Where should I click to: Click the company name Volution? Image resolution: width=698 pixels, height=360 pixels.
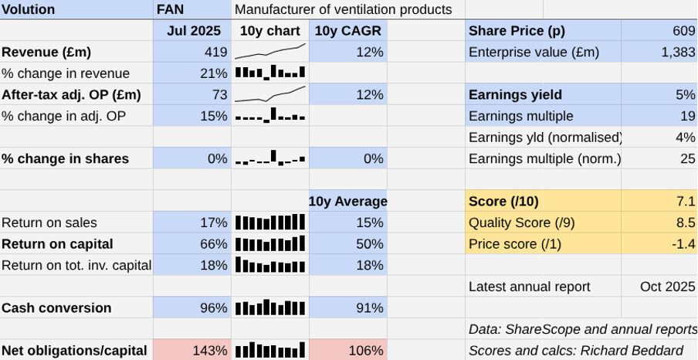29,9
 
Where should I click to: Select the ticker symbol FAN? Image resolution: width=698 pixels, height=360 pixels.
170,9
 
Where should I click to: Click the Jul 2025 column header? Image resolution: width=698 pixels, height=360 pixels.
193,31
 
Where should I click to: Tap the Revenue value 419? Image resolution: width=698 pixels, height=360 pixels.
215,52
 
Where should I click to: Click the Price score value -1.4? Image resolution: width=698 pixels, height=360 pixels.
684,244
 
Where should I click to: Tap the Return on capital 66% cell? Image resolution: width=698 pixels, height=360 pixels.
214,244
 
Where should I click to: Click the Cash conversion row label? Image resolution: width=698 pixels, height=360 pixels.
56,307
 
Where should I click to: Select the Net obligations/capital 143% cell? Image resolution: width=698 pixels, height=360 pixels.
211,351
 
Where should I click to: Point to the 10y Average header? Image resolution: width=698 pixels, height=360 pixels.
347,202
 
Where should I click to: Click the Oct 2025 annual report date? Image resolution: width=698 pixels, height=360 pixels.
667,287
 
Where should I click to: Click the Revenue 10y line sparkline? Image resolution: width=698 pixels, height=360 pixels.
270,52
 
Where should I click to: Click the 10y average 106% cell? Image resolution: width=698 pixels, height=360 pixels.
367,351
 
